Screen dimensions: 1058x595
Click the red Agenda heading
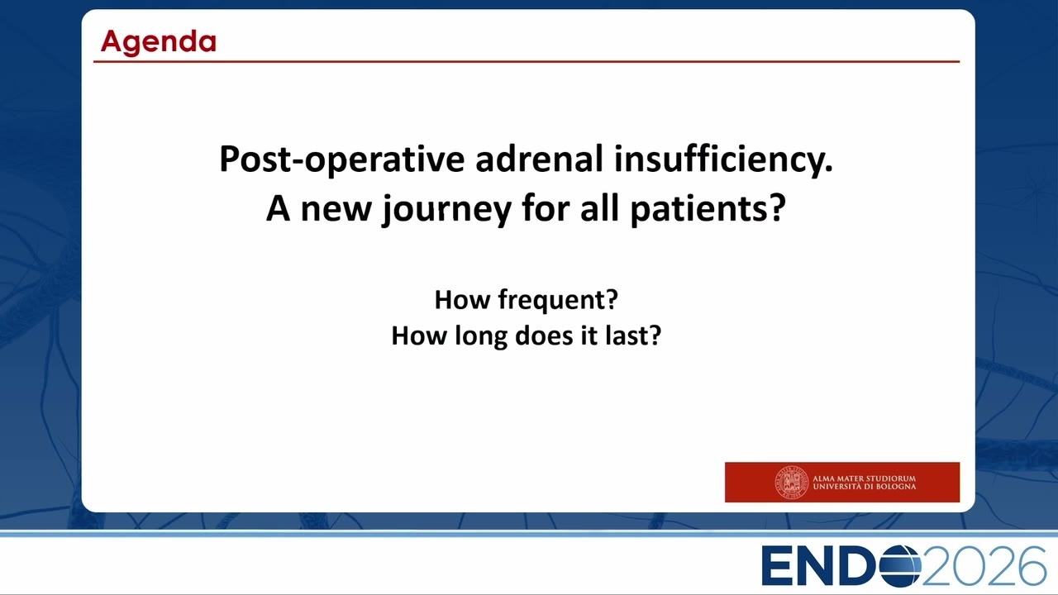[x=159, y=42]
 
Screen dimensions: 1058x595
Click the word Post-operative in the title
[x=342, y=159]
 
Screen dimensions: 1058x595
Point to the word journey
[x=447, y=209]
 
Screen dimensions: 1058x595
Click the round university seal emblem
[x=791, y=482]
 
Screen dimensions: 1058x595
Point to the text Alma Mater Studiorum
[x=864, y=478]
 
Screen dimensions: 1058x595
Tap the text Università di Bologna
[x=864, y=487]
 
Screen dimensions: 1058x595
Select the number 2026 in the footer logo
[x=984, y=566]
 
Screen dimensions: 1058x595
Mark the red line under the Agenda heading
[x=527, y=61]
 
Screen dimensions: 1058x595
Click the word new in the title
[x=336, y=209]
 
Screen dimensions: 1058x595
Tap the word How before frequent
[x=462, y=300]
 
